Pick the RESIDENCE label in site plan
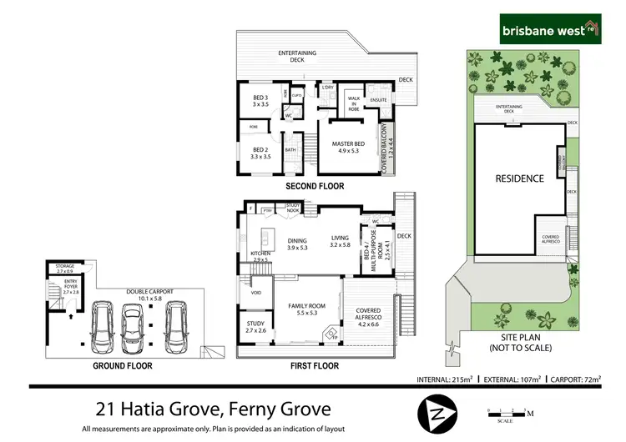[x=520, y=178]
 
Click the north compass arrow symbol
[x=437, y=410]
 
